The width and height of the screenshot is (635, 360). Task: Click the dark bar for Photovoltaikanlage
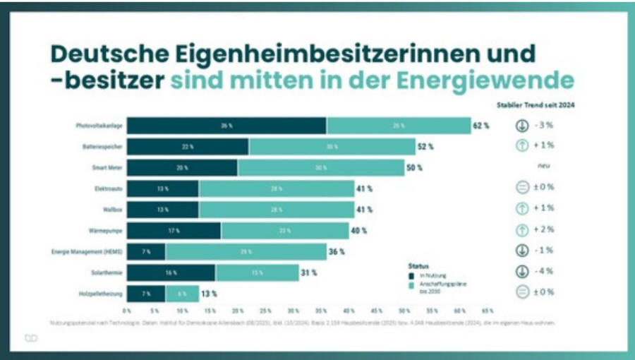(226, 126)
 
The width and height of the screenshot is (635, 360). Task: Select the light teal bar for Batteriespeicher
(332, 147)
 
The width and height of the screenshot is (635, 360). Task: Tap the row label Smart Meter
(103, 167)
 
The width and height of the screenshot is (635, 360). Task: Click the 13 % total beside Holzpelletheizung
(209, 293)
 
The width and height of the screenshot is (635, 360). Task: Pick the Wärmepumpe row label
(102, 230)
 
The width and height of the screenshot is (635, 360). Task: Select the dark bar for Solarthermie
(171, 272)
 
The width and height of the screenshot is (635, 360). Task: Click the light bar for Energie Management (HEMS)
(246, 251)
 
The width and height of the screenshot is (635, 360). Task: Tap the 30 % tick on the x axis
(293, 311)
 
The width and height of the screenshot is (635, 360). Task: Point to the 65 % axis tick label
(487, 311)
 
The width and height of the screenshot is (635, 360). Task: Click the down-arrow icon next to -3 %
(521, 126)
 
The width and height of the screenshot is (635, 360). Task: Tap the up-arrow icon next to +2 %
(521, 230)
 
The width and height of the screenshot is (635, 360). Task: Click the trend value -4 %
(545, 272)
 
